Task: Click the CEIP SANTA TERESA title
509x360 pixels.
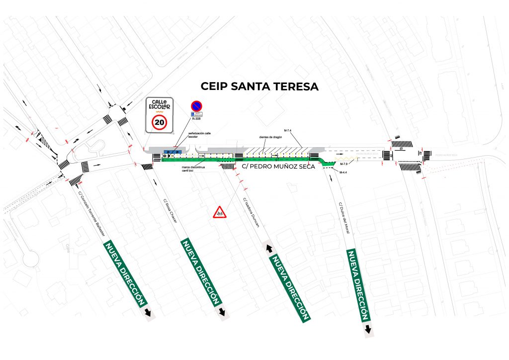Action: pyautogui.click(x=259, y=86)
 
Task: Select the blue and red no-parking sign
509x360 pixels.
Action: pyautogui.click(x=196, y=106)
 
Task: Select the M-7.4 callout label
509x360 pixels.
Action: pyautogui.click(x=287, y=130)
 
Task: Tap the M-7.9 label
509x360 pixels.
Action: pyautogui.click(x=343, y=164)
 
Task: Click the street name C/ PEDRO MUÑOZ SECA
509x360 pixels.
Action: pyautogui.click(x=278, y=167)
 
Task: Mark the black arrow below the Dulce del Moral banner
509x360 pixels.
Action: pyautogui.click(x=368, y=329)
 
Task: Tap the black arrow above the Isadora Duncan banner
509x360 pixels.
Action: pyautogui.click(x=269, y=247)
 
